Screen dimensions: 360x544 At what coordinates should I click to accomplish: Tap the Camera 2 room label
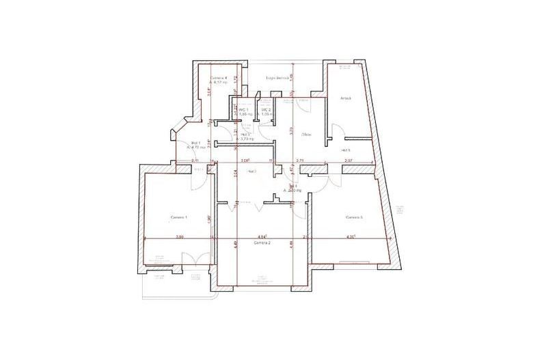coord(262,243)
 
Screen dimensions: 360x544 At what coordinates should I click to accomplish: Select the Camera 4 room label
coord(219,78)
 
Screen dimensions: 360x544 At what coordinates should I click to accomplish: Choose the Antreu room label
coord(346,98)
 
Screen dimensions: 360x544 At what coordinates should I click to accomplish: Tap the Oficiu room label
coord(307,134)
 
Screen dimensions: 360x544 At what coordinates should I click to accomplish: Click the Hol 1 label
coord(195,143)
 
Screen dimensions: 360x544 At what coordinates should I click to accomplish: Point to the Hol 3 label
coord(250,171)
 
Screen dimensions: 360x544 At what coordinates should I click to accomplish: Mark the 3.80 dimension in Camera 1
coord(180,237)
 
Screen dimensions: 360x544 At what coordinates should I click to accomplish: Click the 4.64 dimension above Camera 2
coord(261,236)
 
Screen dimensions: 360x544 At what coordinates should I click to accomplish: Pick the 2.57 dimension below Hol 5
coord(349,161)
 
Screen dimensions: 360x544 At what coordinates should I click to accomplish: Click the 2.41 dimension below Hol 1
coord(177,161)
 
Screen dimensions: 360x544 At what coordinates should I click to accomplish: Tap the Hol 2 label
coord(245,135)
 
